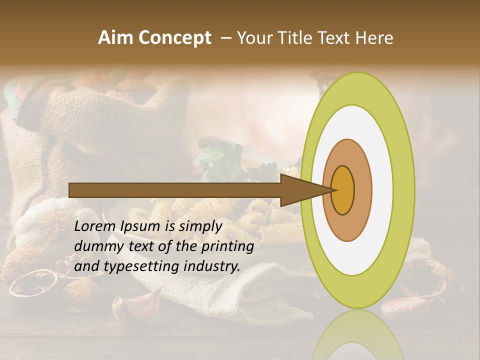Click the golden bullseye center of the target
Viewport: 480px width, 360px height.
pos(343,190)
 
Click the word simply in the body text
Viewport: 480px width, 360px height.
pos(200,226)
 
